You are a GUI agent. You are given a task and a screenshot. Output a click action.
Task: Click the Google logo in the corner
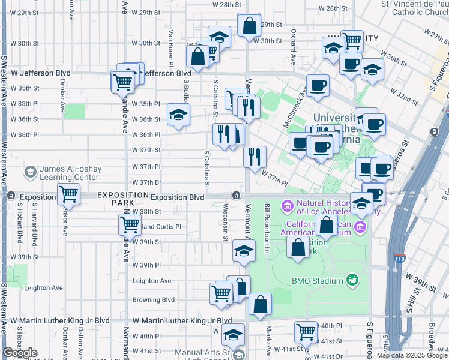[x=20, y=353]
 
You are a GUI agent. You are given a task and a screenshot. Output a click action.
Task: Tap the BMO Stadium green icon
[x=352, y=280]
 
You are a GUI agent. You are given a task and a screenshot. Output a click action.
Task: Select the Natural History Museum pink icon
[x=286, y=206]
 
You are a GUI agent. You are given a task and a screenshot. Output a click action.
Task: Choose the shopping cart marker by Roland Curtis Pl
[x=130, y=225]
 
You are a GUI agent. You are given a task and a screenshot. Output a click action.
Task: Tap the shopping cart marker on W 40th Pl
[x=306, y=331]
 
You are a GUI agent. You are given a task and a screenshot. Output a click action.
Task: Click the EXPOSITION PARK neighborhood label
[x=122, y=199]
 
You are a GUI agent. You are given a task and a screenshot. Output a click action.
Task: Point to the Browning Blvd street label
[x=154, y=300]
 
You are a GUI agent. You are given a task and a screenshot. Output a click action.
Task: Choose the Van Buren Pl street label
[x=170, y=47]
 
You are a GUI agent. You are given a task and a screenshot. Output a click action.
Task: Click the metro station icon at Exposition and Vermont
[x=237, y=196]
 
